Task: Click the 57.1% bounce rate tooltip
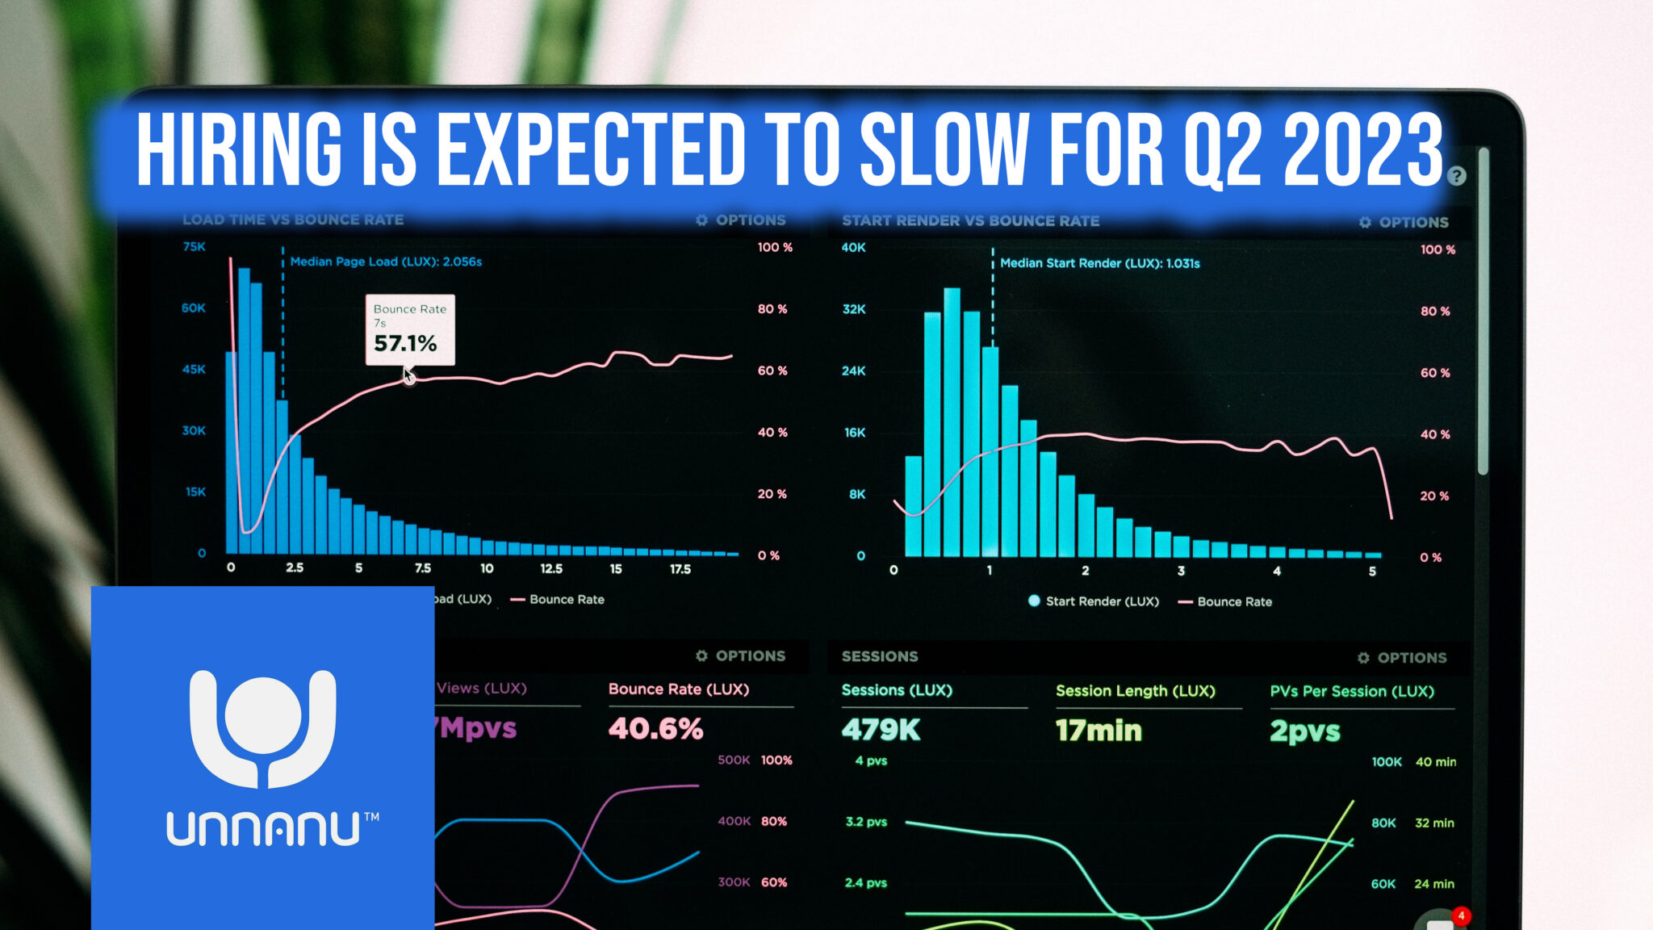click(x=410, y=330)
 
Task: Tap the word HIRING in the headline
click(x=239, y=149)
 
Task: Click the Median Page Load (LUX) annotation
click(x=386, y=262)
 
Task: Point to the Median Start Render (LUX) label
click(x=1099, y=263)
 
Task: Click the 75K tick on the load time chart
click(x=194, y=246)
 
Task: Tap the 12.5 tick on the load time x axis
click(x=551, y=568)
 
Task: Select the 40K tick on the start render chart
click(x=853, y=247)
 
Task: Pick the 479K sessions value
click(x=881, y=730)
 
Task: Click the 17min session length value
click(x=1099, y=731)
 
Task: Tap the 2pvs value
click(x=1304, y=731)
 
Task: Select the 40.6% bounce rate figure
click(x=655, y=729)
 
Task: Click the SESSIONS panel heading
click(x=880, y=656)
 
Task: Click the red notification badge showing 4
click(x=1461, y=915)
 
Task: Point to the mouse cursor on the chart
click(x=408, y=375)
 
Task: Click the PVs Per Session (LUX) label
click(x=1352, y=691)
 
